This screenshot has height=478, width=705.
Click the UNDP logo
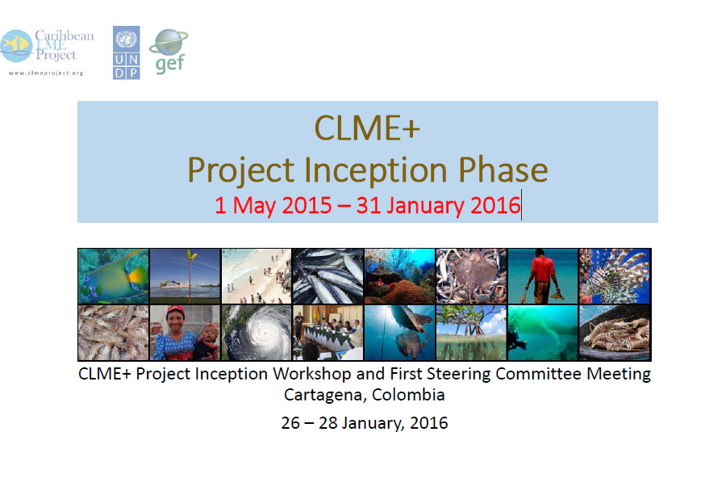(127, 52)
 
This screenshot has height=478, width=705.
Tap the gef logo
(169, 51)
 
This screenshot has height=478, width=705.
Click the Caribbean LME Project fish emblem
(16, 45)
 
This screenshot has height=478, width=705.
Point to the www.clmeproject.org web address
(46, 73)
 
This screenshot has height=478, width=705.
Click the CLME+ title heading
(367, 128)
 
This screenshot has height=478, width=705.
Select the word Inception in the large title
(376, 170)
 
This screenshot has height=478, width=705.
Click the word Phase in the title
(503, 170)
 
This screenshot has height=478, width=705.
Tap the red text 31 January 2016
(438, 205)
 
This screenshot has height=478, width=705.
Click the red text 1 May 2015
(273, 205)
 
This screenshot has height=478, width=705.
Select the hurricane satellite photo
(257, 333)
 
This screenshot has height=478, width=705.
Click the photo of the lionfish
(615, 276)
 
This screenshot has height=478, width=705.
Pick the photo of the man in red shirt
(543, 276)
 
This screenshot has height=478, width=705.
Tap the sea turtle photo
(400, 333)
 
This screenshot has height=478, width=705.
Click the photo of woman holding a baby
(185, 333)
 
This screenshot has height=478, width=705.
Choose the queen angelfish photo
(113, 276)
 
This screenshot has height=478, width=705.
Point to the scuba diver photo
(543, 333)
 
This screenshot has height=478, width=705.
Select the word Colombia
(408, 395)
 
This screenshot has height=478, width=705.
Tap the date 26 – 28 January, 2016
(365, 423)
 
